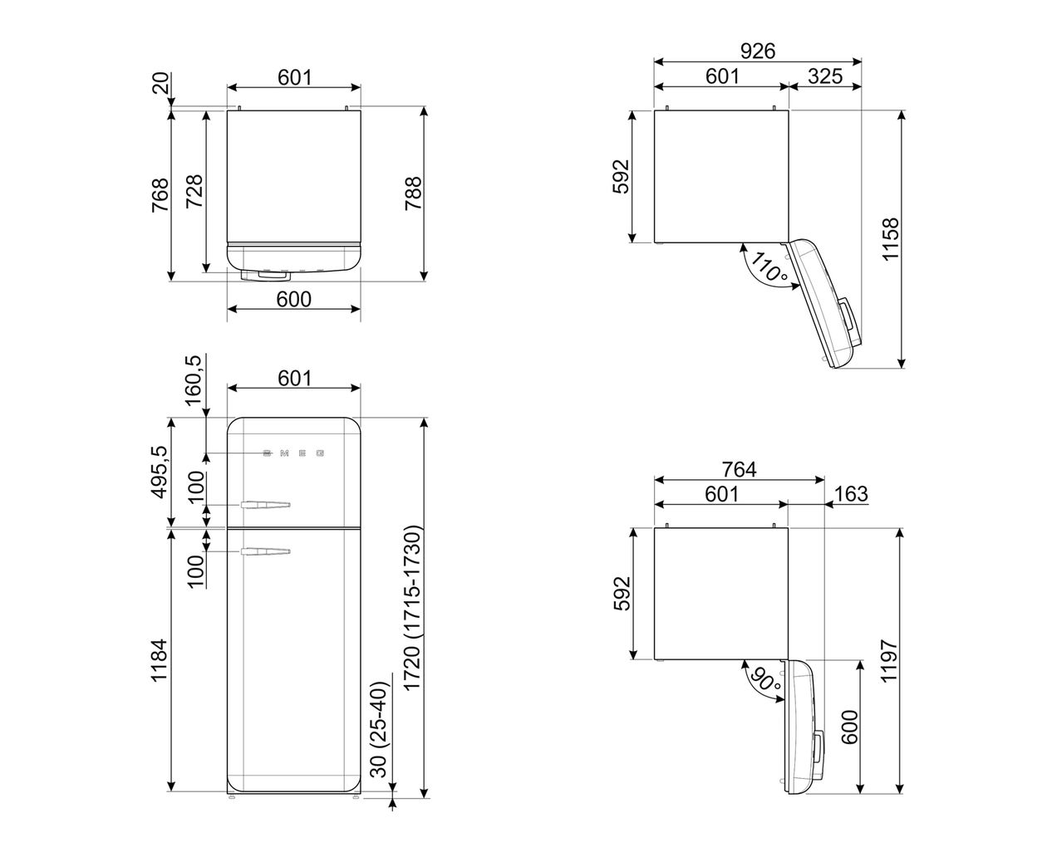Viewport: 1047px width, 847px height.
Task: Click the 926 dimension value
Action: (758, 51)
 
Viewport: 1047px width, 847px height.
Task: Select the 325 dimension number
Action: (824, 76)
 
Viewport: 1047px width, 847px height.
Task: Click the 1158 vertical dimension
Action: (891, 239)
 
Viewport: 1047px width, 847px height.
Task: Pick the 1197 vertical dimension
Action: (890, 661)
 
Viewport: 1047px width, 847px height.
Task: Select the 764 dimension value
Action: (739, 469)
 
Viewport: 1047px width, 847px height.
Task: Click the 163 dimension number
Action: (849, 494)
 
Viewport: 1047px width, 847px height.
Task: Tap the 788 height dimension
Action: (413, 194)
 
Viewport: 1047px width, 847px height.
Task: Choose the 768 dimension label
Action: (160, 195)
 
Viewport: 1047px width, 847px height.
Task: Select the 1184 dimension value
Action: (160, 660)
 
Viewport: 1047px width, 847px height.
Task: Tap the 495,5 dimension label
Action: (160, 471)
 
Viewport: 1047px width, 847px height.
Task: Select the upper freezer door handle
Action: (266, 503)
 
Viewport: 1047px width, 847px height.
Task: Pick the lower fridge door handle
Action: (266, 551)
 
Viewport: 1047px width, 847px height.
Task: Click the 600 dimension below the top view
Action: (293, 299)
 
